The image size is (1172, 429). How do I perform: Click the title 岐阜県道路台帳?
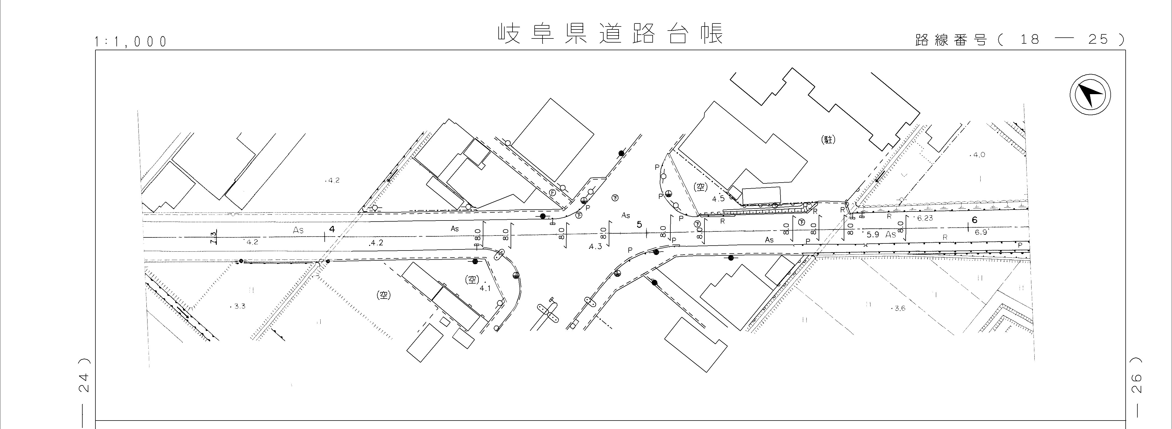click(610, 34)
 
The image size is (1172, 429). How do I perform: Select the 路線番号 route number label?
click(951, 40)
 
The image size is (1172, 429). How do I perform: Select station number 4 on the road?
click(332, 229)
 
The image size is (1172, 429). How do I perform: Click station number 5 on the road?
click(639, 225)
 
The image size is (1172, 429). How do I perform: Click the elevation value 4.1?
click(485, 288)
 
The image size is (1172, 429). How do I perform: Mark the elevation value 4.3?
click(595, 246)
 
